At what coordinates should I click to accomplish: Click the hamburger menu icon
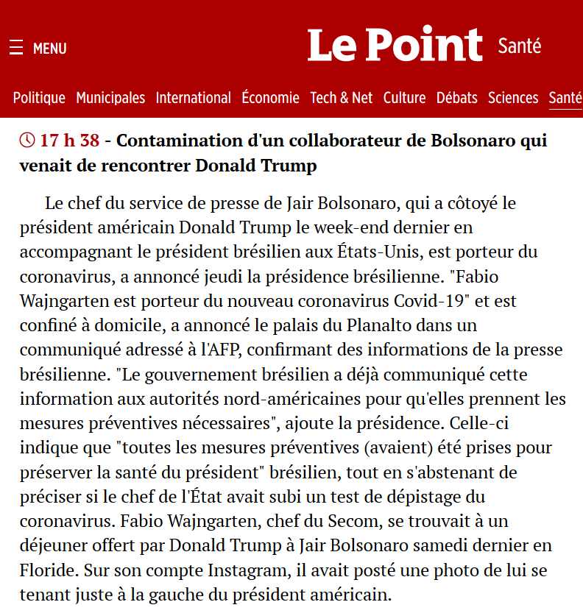click(x=16, y=49)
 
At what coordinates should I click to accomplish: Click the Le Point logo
click(x=395, y=45)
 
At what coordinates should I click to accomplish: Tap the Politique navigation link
click(x=39, y=98)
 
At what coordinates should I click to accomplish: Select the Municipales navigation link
click(x=110, y=98)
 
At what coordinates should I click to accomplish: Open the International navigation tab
click(x=194, y=98)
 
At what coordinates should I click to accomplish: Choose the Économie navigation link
click(x=270, y=98)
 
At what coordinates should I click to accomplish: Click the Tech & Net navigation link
click(x=341, y=98)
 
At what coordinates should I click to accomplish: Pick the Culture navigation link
click(x=404, y=98)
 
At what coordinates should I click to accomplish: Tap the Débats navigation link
click(x=456, y=98)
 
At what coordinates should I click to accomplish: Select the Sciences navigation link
click(x=513, y=98)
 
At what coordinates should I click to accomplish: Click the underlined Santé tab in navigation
click(x=565, y=98)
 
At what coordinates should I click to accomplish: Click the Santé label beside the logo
click(x=520, y=46)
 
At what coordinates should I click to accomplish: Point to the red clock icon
click(x=27, y=140)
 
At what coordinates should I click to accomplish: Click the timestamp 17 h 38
click(x=70, y=140)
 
